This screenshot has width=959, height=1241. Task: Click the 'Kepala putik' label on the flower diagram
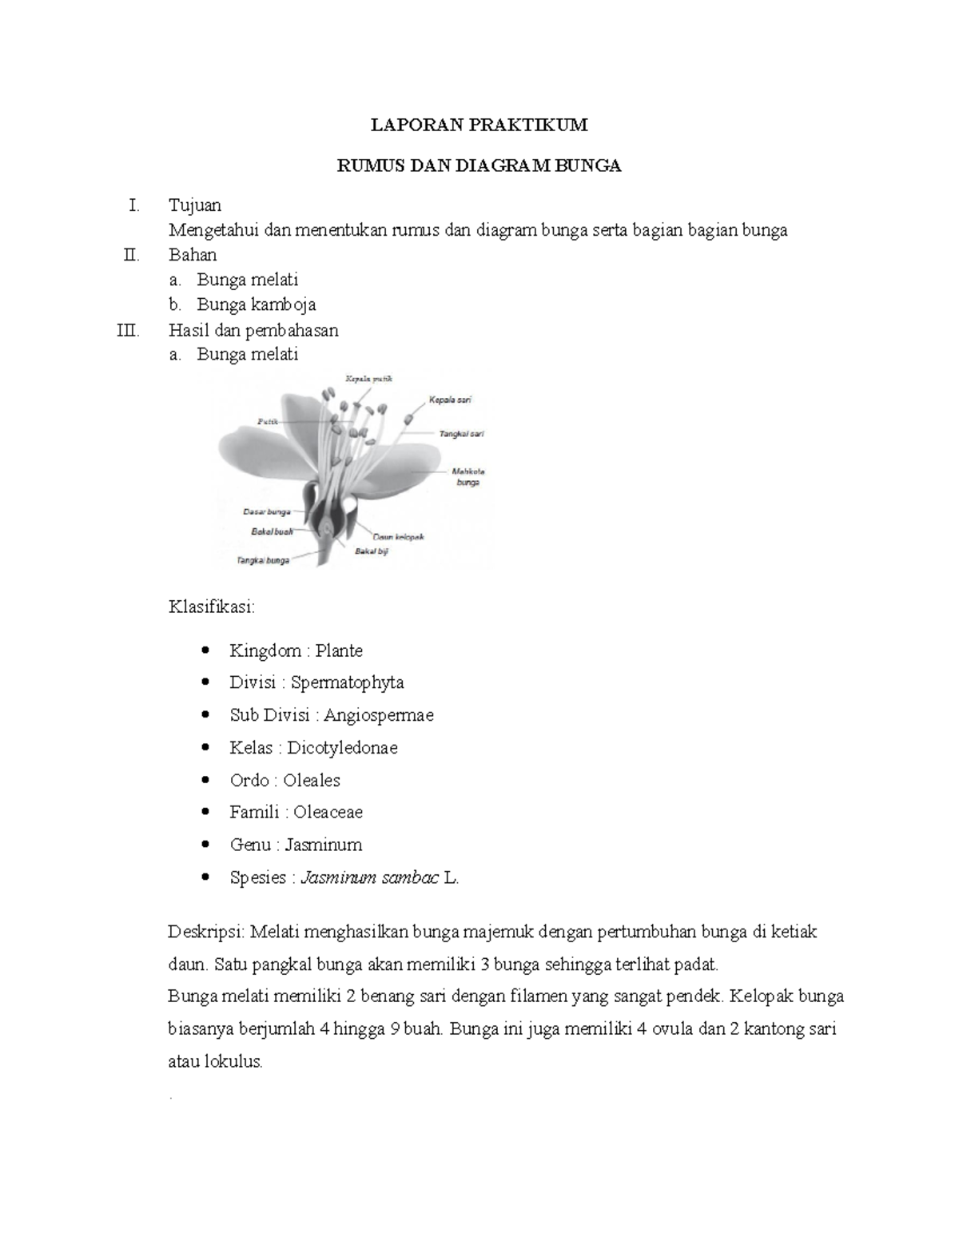[x=368, y=379]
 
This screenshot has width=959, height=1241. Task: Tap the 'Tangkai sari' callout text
[x=461, y=434]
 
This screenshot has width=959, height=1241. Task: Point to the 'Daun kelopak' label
[x=397, y=537]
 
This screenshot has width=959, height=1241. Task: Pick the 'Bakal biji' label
[x=372, y=551]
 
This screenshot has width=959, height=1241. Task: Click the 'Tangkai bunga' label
[x=262, y=561]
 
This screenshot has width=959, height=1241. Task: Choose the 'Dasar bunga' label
[x=267, y=511]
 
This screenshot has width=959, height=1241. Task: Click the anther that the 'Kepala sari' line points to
[x=409, y=417]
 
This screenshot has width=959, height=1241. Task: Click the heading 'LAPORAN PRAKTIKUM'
[x=479, y=125]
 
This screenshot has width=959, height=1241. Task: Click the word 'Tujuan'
[x=195, y=205]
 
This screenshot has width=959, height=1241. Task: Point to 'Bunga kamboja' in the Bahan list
[x=257, y=304]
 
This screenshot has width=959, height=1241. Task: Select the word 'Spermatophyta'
[x=347, y=682]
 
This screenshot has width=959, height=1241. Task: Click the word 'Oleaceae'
[x=328, y=812]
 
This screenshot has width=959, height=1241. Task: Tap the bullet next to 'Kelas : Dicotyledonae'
[x=208, y=748]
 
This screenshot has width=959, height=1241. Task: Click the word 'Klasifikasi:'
[x=212, y=607]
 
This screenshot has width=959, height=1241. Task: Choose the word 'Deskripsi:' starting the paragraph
[x=208, y=932]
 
